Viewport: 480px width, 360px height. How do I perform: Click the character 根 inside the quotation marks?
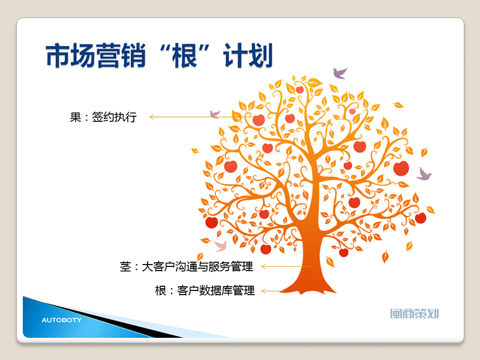tap(184, 55)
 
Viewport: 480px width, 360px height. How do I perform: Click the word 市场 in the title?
tap(70, 55)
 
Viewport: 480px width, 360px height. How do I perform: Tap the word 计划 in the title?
tap(248, 55)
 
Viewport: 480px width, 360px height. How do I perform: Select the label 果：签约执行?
tap(103, 117)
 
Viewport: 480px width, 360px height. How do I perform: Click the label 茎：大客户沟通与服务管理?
tap(187, 266)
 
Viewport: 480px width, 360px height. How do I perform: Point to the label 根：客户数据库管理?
tap(205, 290)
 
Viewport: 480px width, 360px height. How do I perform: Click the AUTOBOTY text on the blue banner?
tap(62, 320)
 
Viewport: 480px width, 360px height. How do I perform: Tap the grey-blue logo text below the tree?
tap(415, 313)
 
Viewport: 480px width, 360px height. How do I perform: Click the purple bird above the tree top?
tap(340, 73)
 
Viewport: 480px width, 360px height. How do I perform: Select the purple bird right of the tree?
tap(424, 174)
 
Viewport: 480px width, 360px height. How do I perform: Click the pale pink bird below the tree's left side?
tap(221, 245)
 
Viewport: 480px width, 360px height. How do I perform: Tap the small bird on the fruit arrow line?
tap(215, 114)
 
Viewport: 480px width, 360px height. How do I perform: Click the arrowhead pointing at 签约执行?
tap(151, 117)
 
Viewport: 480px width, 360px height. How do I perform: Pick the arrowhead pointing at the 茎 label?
tap(263, 266)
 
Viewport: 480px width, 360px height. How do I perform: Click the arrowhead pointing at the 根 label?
tap(263, 291)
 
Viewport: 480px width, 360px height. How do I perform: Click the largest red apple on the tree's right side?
tap(401, 169)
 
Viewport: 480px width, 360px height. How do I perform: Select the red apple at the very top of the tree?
tap(299, 89)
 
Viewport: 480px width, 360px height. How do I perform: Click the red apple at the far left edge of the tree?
tap(212, 222)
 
